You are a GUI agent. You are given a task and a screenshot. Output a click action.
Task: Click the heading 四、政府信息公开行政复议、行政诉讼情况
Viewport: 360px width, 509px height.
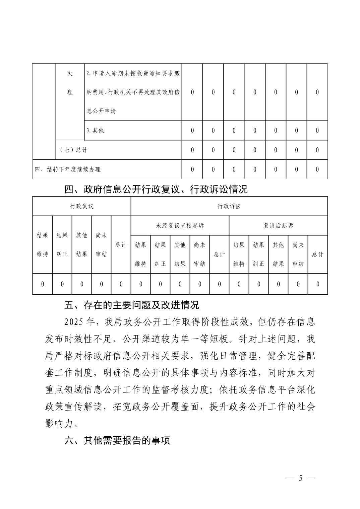156,190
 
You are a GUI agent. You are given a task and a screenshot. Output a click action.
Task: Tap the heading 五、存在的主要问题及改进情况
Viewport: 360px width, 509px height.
132,305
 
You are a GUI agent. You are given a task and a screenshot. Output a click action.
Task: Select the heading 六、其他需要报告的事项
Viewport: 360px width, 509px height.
117,440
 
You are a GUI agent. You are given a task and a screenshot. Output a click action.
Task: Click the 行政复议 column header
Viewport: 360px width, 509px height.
81,206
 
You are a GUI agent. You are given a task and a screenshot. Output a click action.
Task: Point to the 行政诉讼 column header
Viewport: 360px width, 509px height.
229,206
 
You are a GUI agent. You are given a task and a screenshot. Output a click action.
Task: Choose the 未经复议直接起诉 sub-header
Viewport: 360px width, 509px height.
180,226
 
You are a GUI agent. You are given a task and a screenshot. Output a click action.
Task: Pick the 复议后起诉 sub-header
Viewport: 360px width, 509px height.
278,226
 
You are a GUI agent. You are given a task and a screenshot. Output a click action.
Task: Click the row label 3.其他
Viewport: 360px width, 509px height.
95,131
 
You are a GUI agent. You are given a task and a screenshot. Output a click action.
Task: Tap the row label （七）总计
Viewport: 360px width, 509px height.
73,150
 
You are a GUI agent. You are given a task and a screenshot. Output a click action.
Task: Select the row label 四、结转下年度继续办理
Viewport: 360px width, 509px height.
68,169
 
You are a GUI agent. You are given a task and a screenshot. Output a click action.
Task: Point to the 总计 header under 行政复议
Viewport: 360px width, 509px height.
121,245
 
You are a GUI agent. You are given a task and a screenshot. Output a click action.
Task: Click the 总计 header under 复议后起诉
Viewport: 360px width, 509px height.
317,254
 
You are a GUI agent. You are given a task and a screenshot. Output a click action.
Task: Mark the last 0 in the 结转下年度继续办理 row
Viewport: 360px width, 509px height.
317,169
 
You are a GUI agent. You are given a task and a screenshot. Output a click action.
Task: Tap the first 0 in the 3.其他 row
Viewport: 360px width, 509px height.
192,131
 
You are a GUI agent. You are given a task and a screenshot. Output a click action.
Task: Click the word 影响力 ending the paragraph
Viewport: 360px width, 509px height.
59,424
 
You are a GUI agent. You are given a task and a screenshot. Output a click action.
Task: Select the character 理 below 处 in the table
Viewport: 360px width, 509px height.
70,92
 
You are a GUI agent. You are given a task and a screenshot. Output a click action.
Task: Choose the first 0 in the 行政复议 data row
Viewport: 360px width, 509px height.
43,284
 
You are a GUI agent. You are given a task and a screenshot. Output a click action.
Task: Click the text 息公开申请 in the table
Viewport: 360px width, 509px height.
101,111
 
